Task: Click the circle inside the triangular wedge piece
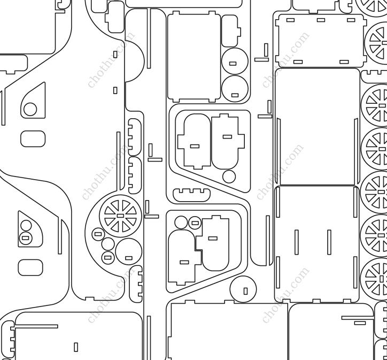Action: tap(30, 109)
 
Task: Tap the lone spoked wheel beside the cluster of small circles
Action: tap(120, 216)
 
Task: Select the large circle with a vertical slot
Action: tap(243, 289)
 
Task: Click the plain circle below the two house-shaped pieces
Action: tap(229, 177)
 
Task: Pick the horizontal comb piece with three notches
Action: tap(192, 195)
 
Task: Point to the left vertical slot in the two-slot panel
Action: tap(297, 242)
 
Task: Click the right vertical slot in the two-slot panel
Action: tap(329, 242)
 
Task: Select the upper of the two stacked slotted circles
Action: tap(235, 61)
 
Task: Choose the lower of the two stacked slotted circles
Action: tap(235, 89)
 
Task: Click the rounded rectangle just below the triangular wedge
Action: tap(33, 139)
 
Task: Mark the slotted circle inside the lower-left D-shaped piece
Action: tap(26, 238)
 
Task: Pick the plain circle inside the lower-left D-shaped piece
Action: tap(26, 226)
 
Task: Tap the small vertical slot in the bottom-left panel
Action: tap(76, 347)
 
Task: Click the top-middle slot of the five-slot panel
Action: tap(321, 20)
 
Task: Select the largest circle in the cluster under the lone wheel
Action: tap(129, 251)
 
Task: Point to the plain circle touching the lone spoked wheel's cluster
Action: tap(108, 244)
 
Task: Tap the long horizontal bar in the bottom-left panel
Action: tap(36, 326)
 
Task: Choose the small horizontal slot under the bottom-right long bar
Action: tap(360, 323)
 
